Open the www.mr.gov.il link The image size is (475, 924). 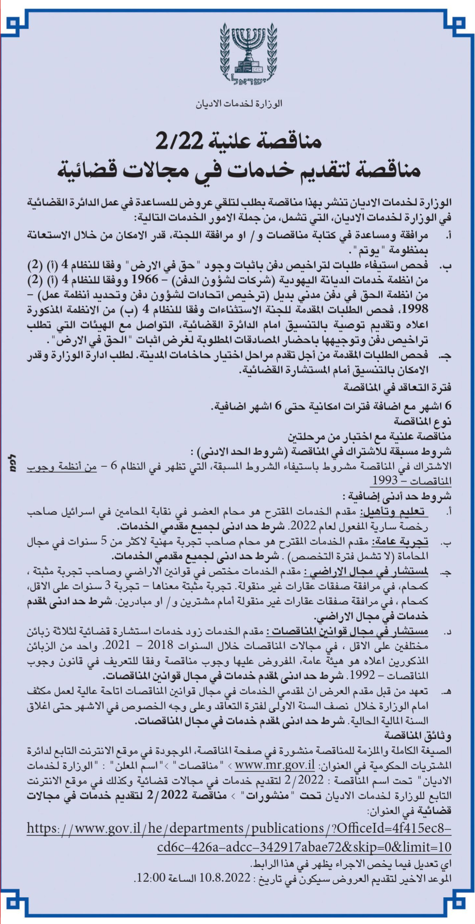tap(275, 765)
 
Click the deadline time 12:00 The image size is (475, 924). tap(151, 878)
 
